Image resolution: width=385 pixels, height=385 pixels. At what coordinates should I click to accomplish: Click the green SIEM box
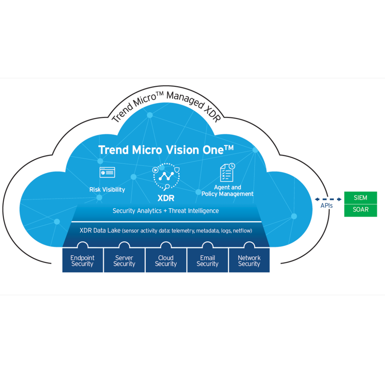point(360,198)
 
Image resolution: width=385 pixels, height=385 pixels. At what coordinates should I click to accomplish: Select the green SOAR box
point(360,210)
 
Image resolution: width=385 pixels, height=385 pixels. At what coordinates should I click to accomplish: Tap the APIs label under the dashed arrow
point(327,206)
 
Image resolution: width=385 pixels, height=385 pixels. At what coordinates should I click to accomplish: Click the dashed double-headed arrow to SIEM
point(328,199)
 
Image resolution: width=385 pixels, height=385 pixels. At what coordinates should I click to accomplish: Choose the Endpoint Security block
point(82,261)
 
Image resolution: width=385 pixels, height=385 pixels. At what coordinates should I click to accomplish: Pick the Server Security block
point(124,261)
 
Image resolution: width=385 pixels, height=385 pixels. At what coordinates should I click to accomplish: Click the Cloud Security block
point(166,261)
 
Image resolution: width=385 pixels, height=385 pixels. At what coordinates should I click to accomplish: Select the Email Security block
point(208,261)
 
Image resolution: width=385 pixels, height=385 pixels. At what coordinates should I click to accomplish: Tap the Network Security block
point(249,261)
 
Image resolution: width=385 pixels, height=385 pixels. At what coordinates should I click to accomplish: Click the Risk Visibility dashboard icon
point(107,172)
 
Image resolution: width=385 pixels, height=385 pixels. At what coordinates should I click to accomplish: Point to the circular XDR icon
point(166,176)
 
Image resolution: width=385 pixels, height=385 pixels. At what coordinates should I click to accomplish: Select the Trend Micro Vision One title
point(166,150)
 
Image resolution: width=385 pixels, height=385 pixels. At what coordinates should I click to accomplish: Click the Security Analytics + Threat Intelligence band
point(166,211)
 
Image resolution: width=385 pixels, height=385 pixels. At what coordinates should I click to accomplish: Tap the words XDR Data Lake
point(100,230)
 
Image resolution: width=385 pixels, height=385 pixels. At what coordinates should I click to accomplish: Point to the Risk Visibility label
point(107,190)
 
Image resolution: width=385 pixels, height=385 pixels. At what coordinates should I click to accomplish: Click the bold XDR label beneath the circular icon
point(166,198)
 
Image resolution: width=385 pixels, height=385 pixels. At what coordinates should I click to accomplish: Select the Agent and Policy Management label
point(227,191)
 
